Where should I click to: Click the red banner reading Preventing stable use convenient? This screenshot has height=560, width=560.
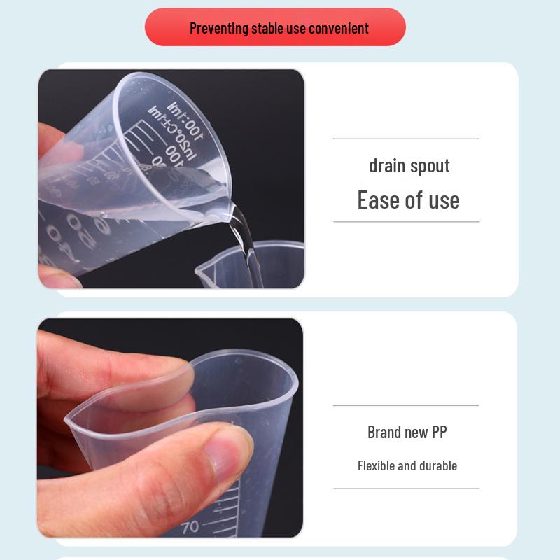point(275,28)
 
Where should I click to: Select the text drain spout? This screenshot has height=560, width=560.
point(409,166)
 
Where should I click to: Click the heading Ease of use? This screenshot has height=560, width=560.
point(409,199)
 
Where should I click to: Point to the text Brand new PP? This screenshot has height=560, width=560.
point(407,432)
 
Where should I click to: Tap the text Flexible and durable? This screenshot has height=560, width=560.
point(407,465)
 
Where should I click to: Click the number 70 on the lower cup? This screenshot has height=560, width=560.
point(190,526)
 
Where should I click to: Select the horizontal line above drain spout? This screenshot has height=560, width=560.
point(406,139)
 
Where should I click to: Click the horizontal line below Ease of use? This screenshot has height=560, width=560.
point(406,221)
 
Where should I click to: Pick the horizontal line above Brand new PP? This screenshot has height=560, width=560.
point(406,405)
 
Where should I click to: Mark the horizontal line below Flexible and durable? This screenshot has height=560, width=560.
point(406,489)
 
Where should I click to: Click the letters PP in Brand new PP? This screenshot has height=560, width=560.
point(438,432)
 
